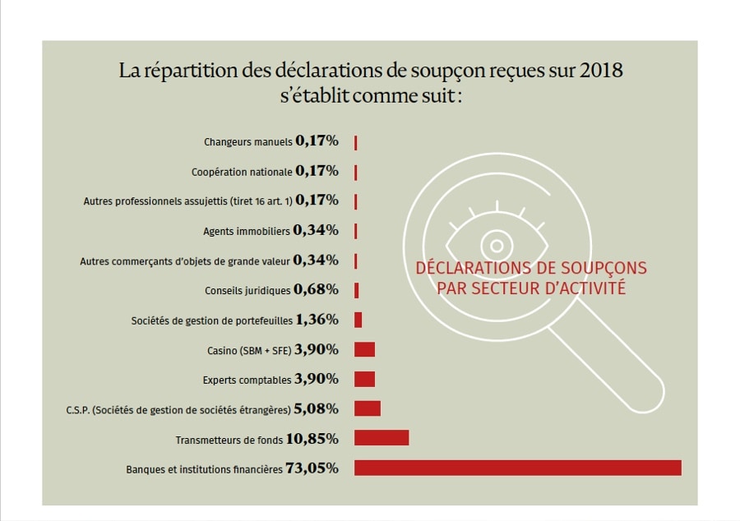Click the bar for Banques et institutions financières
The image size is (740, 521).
[x=517, y=468]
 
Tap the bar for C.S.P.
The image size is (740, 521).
[x=367, y=408]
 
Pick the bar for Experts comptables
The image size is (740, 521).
[x=364, y=379]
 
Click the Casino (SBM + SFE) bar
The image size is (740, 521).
[x=364, y=349]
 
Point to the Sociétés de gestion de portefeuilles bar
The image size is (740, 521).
[x=358, y=320]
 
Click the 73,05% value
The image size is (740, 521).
[x=312, y=468]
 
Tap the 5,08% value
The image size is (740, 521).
[x=317, y=408]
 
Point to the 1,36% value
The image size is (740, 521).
[x=317, y=320]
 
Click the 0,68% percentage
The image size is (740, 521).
[x=317, y=289]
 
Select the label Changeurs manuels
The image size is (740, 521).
[x=247, y=141]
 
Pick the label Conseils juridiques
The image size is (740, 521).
[x=247, y=290]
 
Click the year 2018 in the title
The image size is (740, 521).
[x=601, y=71]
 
